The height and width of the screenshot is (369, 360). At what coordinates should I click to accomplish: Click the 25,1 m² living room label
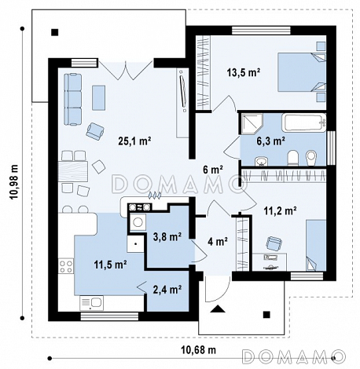click(134, 141)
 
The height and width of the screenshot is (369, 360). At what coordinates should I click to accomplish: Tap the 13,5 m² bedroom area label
click(244, 72)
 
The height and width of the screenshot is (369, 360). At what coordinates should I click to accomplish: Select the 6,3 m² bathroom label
click(270, 141)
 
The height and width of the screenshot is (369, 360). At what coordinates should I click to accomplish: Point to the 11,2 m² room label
click(280, 210)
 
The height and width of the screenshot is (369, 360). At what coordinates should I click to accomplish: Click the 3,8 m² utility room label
click(167, 237)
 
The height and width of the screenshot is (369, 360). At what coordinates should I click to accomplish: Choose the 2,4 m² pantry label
click(167, 290)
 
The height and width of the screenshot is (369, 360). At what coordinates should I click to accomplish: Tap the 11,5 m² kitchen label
click(111, 265)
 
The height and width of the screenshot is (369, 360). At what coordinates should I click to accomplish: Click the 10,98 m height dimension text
click(14, 181)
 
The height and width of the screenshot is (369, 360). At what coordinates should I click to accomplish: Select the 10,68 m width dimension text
click(198, 349)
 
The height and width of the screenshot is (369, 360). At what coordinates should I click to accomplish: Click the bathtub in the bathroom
click(304, 122)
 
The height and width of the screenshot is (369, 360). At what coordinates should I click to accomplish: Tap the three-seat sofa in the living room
click(73, 100)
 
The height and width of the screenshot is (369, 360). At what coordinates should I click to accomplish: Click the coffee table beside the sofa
click(98, 97)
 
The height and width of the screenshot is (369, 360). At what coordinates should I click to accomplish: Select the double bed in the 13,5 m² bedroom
click(302, 72)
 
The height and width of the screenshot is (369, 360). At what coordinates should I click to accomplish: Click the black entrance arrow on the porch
click(218, 309)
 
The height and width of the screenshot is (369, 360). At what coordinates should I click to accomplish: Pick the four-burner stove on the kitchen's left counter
click(66, 266)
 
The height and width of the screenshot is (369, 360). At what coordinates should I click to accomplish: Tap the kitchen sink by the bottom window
click(91, 303)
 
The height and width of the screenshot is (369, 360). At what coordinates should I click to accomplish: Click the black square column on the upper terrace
click(55, 32)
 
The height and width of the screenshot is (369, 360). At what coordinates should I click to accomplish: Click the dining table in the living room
click(72, 171)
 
